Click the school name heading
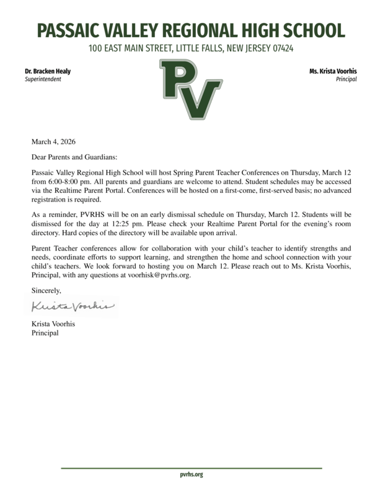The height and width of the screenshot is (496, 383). pyautogui.click(x=191, y=30)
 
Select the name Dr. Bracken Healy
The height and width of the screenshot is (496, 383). pyautogui.click(x=48, y=71)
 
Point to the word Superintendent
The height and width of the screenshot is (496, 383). pyautogui.click(x=43, y=80)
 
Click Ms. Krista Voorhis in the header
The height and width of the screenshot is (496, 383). pyautogui.click(x=333, y=71)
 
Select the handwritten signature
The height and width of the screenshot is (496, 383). pyautogui.click(x=73, y=306)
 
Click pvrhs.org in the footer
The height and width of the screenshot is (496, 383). pyautogui.click(x=191, y=474)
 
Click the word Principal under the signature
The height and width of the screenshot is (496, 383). pyautogui.click(x=45, y=333)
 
